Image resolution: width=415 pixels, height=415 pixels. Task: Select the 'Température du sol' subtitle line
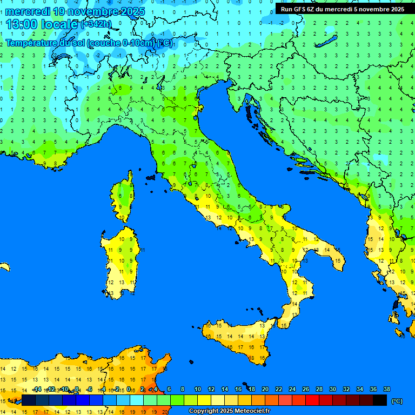click(89, 43)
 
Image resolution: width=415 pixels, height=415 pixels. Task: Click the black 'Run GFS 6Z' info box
click(342, 9)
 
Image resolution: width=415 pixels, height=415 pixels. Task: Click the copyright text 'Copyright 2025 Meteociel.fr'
click(229, 411)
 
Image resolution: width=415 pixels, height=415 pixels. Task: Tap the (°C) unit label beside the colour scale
click(397, 401)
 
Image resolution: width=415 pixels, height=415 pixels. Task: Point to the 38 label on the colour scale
click(386, 390)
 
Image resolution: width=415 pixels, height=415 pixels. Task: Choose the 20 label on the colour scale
click(265, 390)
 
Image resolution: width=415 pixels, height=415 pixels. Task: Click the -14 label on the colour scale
click(36, 390)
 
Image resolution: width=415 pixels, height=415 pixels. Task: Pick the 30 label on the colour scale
click(332, 390)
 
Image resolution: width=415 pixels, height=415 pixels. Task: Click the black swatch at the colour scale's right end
click(380, 400)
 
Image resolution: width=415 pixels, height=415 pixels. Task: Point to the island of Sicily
click(238, 338)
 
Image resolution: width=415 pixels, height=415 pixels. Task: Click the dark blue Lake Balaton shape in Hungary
click(327, 43)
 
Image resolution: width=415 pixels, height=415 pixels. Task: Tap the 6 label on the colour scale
click(169, 390)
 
